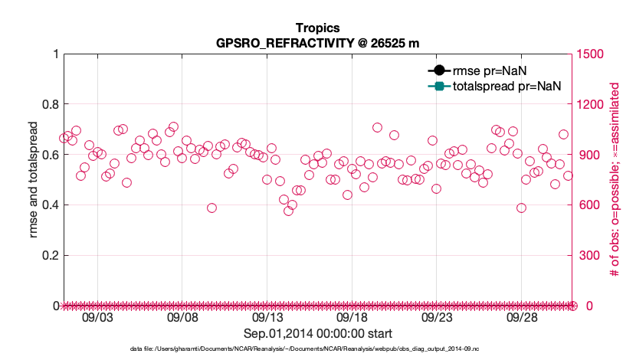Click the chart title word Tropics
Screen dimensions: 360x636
pyautogui.click(x=318, y=28)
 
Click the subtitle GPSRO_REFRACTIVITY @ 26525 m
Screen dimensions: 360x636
pyautogui.click(x=318, y=43)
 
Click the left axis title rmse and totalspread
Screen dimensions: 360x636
pyautogui.click(x=33, y=180)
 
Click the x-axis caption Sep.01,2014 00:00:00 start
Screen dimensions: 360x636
pyautogui.click(x=318, y=334)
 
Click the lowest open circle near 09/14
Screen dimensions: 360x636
pyautogui.click(x=288, y=211)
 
